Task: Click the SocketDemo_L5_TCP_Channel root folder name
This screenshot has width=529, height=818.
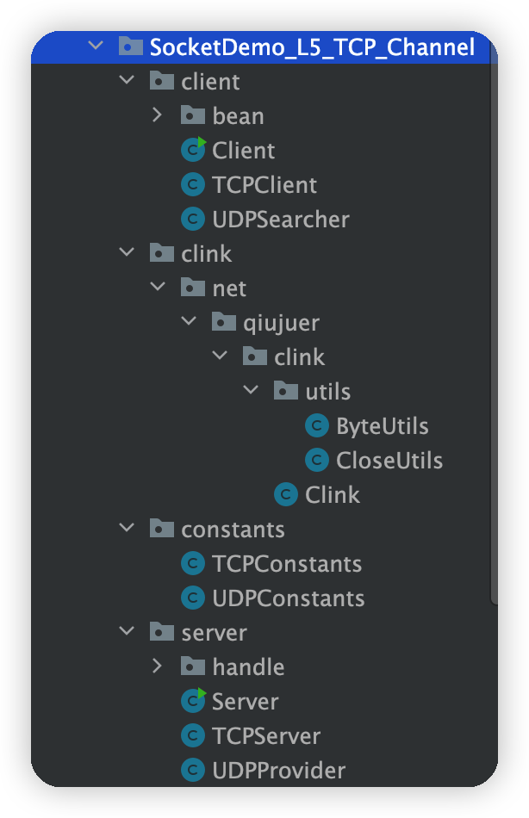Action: pyautogui.click(x=312, y=47)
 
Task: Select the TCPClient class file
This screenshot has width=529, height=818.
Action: pyautogui.click(x=264, y=185)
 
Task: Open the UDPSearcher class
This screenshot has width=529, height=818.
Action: pyautogui.click(x=280, y=220)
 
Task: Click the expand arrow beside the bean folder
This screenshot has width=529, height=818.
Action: pyautogui.click(x=157, y=115)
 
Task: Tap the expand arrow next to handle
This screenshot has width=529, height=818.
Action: pyautogui.click(x=157, y=666)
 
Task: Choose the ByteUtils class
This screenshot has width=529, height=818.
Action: pyautogui.click(x=382, y=426)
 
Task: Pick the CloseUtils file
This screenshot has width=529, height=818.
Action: pyautogui.click(x=389, y=461)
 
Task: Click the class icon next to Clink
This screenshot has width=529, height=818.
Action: pyautogui.click(x=286, y=494)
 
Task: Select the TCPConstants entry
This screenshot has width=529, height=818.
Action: pyautogui.click(x=287, y=564)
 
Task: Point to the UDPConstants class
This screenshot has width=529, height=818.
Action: pyautogui.click(x=289, y=598)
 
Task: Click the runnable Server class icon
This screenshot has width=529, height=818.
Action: pyautogui.click(x=193, y=701)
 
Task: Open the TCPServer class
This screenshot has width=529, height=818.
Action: pyautogui.click(x=266, y=736)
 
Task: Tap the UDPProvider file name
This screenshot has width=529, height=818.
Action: pyautogui.click(x=279, y=771)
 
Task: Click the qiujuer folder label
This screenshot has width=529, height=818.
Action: pyautogui.click(x=281, y=324)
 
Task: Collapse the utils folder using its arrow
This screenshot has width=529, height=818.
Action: pyautogui.click(x=252, y=390)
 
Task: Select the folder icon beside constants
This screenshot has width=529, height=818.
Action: pyautogui.click(x=162, y=529)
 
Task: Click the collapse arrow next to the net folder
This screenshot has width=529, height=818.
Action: pyautogui.click(x=158, y=287)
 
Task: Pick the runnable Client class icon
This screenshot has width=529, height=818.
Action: pyautogui.click(x=193, y=150)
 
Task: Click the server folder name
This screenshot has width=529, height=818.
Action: pyautogui.click(x=215, y=634)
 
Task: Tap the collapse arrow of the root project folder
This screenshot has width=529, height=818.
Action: pyautogui.click(x=96, y=46)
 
